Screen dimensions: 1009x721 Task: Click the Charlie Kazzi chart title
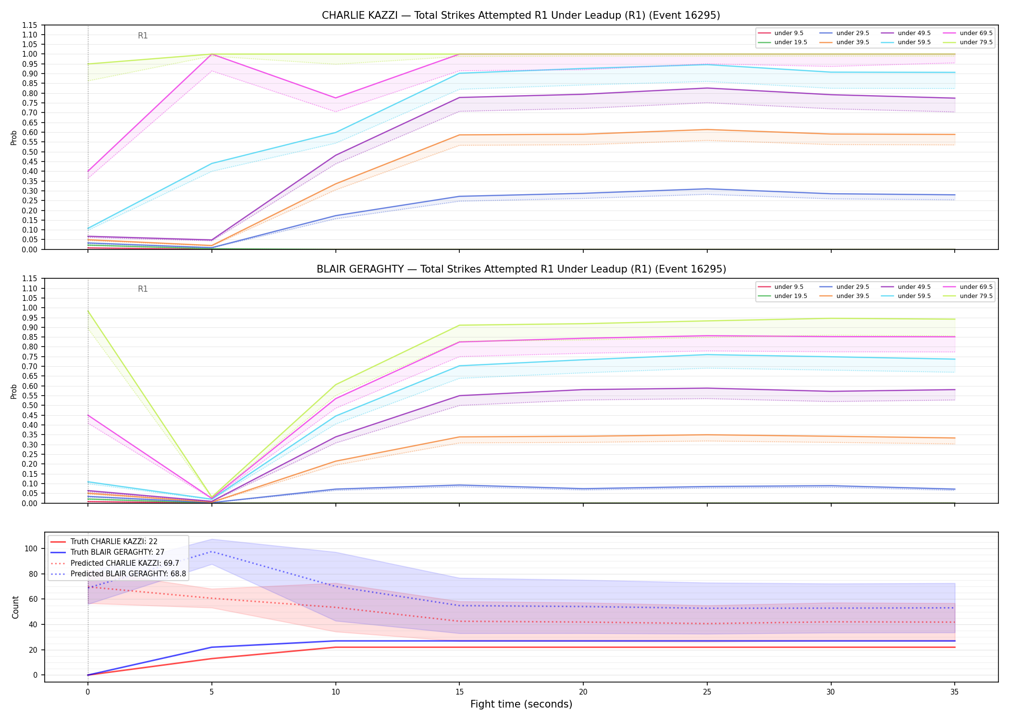click(x=521, y=15)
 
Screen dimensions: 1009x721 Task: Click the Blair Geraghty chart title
click(x=521, y=269)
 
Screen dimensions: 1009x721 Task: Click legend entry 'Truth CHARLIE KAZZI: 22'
click(x=114, y=542)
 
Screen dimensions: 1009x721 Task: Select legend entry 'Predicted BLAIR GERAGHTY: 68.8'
click(x=128, y=574)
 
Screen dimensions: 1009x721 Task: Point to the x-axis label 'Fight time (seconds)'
click(x=521, y=704)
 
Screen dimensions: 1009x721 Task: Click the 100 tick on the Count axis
click(x=35, y=548)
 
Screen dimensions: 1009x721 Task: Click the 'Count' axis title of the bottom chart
click(x=15, y=607)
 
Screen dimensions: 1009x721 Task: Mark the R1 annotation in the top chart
click(x=143, y=36)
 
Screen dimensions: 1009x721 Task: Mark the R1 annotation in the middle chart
click(x=143, y=289)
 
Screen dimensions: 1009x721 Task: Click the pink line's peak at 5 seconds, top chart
click(x=211, y=54)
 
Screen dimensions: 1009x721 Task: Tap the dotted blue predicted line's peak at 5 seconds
click(x=211, y=552)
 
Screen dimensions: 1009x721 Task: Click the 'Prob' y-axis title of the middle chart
click(x=14, y=391)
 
